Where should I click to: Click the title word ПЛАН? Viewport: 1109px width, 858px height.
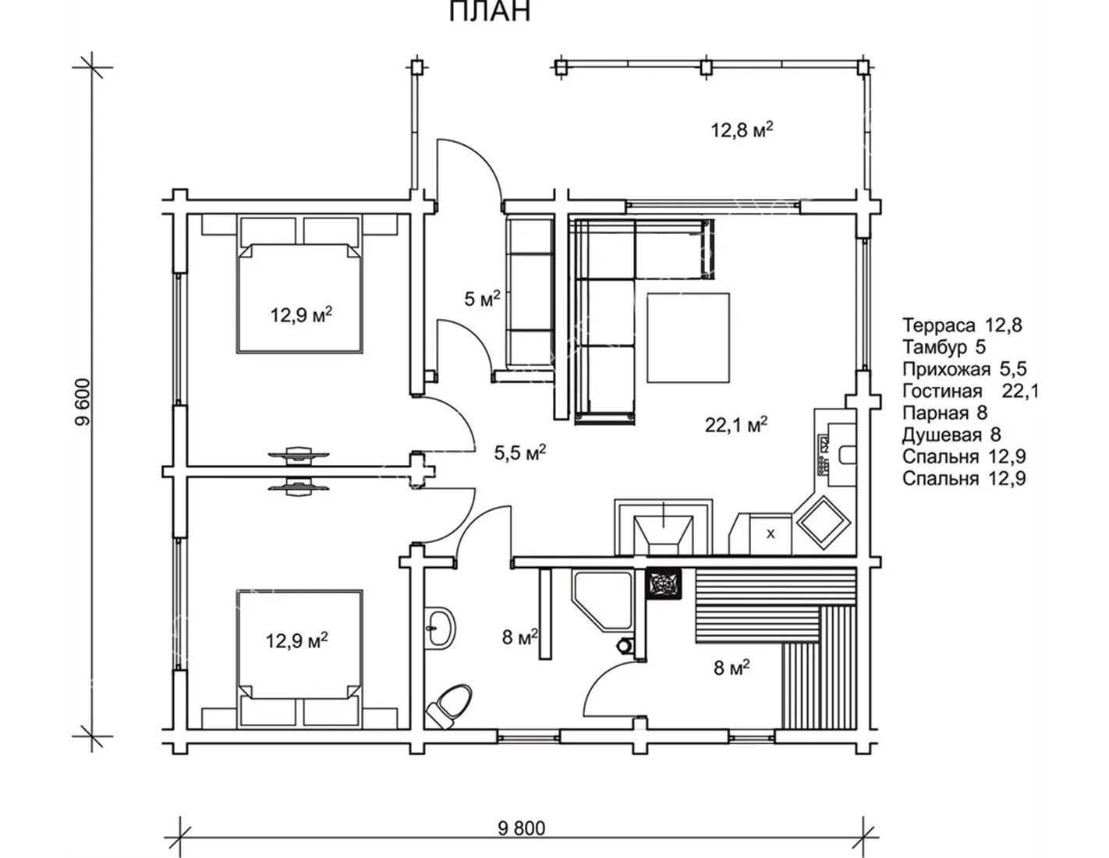tap(490, 11)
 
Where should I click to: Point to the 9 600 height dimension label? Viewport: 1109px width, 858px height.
tap(82, 402)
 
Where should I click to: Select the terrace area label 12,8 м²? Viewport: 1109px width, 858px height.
tap(742, 130)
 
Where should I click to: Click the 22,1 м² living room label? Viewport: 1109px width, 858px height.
tap(736, 424)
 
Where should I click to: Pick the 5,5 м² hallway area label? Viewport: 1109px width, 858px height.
tap(520, 452)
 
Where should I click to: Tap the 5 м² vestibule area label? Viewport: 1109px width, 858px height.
tap(482, 299)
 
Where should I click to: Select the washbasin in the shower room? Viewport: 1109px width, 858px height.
tap(441, 628)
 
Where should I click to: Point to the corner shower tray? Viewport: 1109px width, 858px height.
tap(604, 601)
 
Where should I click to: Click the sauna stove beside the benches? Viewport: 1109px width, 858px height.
tap(664, 584)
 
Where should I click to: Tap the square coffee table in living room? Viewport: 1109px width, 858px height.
tap(688, 338)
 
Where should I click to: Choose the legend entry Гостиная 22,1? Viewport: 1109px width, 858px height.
tap(969, 391)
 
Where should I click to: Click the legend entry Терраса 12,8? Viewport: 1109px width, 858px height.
tap(962, 325)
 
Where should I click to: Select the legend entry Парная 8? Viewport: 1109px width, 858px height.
tap(944, 413)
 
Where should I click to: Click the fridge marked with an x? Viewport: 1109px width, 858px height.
tap(771, 534)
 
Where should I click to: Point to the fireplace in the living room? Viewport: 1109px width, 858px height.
tap(664, 528)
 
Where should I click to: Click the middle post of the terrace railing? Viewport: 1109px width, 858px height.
tap(707, 67)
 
